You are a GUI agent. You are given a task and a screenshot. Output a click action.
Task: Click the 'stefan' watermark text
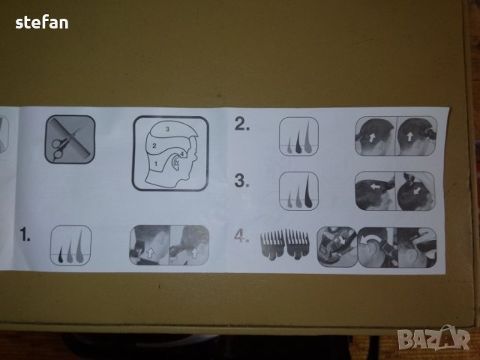point(42,23)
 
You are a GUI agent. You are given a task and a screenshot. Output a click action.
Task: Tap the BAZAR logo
point(433,337)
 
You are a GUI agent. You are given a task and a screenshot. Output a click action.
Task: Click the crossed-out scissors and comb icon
point(70,139)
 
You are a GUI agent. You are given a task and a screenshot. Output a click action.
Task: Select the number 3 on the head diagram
point(167,129)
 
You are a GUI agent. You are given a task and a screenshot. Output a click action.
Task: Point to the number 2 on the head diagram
point(154,145)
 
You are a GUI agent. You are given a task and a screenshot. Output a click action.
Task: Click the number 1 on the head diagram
point(156,163)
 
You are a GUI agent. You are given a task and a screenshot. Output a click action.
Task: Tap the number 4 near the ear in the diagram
point(181,154)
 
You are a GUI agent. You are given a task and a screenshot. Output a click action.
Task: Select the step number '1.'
point(25,234)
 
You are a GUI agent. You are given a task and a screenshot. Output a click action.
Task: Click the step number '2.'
point(242,124)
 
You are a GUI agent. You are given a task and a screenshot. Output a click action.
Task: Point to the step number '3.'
point(241,180)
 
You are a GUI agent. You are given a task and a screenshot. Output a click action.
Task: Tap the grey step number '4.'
point(241,236)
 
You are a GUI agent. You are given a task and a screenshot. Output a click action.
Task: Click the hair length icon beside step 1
point(70,245)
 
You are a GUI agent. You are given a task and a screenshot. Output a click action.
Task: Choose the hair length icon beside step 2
point(298,136)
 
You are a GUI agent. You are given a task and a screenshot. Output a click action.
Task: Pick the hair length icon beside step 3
point(298,191)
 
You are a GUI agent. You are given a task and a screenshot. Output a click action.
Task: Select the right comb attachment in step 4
point(297,244)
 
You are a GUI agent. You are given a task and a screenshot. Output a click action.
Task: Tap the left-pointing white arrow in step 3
point(375,186)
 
